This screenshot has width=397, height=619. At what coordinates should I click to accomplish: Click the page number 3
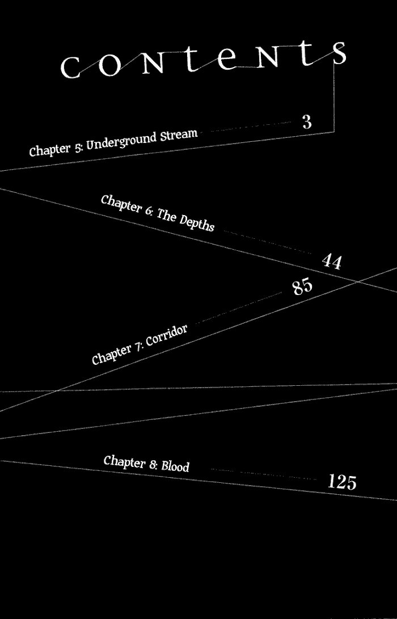[x=307, y=121]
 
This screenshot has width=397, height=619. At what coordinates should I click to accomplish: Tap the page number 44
[x=332, y=262]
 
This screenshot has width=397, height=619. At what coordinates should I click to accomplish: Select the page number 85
[x=302, y=287]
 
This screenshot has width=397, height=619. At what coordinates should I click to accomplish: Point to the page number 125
[x=342, y=482]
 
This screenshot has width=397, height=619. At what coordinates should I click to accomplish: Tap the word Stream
[x=179, y=135]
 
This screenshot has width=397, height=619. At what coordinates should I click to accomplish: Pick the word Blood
[x=175, y=466]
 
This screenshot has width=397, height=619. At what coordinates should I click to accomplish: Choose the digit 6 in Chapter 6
[x=149, y=211]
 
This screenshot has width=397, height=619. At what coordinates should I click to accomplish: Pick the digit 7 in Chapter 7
[x=137, y=347]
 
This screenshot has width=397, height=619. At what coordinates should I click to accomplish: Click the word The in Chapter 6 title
[x=166, y=215]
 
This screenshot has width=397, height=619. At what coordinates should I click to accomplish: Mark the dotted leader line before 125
[x=264, y=474]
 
